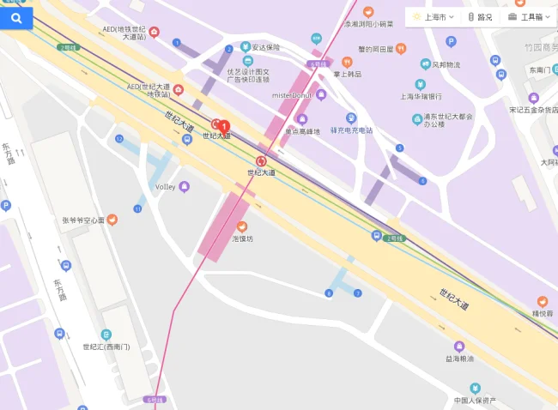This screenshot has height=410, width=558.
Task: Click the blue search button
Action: [16, 17]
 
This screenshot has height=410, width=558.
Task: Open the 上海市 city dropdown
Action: [434, 17]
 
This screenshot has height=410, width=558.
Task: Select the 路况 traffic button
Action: [481, 17]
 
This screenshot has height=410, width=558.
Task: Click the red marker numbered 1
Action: [225, 126]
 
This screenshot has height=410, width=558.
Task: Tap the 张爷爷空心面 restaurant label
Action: [83, 220]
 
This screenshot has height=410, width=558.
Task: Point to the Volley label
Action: [165, 186]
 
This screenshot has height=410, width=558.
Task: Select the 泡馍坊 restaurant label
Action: [243, 238]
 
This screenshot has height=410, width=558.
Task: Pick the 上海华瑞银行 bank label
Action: [421, 96]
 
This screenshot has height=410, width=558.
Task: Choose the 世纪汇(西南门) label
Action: [106, 347]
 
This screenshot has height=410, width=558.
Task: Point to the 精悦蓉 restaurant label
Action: [543, 313]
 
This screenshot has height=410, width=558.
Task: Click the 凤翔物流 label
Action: [446, 64]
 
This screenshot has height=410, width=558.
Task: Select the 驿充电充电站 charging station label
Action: [352, 130]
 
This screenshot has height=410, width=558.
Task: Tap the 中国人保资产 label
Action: [475, 400]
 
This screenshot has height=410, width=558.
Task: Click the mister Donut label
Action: [293, 94]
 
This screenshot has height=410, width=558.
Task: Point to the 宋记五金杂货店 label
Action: [533, 109]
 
